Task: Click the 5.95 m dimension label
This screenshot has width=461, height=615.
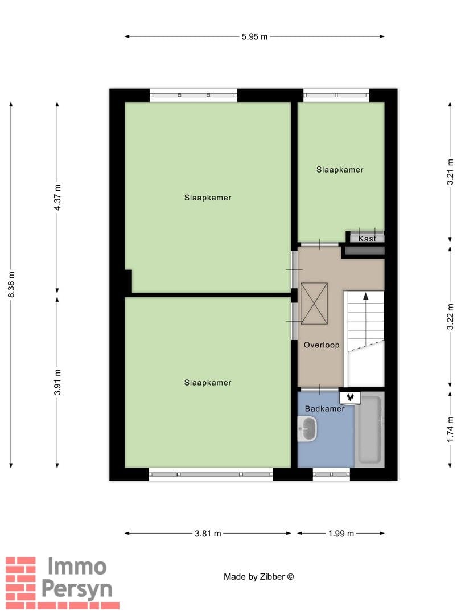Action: [x=254, y=37]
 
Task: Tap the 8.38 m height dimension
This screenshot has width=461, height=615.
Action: [x=11, y=284]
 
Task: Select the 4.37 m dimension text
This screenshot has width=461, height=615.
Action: [x=57, y=197]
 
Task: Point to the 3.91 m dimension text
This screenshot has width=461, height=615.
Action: [x=57, y=382]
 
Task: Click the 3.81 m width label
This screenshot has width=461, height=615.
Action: [x=208, y=534]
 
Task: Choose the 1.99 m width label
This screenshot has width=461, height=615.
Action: [x=341, y=534]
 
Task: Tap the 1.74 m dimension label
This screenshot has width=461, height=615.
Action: [x=451, y=429]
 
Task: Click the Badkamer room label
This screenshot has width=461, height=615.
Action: [x=324, y=409]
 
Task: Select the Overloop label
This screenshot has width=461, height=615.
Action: [x=322, y=345]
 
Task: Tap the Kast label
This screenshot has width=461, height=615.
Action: [x=367, y=239]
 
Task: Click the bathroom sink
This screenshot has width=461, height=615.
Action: [x=307, y=429]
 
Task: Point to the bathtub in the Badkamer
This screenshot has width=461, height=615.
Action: [x=369, y=430]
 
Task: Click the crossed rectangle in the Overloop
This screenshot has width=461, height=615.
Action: [x=314, y=304]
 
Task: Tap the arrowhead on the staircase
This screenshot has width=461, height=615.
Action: [x=366, y=296]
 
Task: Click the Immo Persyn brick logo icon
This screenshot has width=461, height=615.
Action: [x=21, y=583]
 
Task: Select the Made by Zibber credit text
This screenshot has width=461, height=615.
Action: [x=259, y=576]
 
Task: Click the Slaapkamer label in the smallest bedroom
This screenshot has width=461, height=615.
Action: [x=340, y=170]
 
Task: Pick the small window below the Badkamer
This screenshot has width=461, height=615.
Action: [x=331, y=474]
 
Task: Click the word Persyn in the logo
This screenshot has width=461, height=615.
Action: [x=77, y=590]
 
